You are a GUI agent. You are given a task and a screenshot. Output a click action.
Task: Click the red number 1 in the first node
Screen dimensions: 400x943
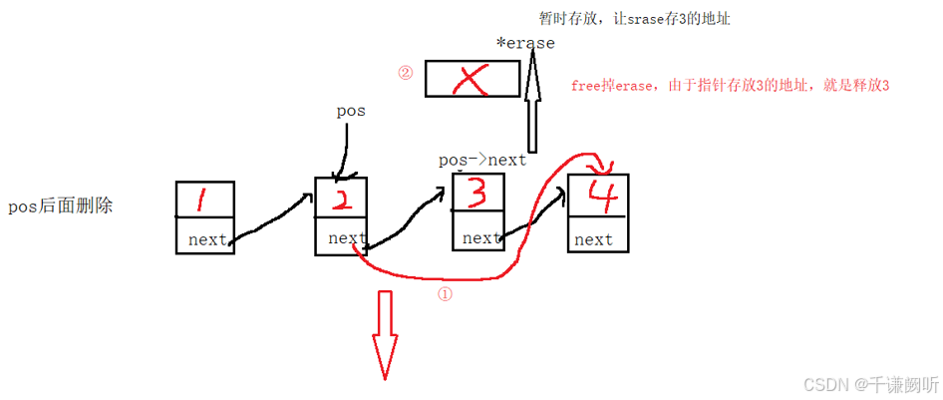pos(202,201)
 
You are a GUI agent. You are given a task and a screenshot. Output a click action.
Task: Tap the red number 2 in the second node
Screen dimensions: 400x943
pos(341,200)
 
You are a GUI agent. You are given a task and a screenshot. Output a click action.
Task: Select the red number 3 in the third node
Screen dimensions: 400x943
pos(477,194)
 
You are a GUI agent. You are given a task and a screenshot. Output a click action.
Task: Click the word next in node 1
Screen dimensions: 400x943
pos(206,239)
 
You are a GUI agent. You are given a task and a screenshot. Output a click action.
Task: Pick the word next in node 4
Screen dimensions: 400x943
pos(594,239)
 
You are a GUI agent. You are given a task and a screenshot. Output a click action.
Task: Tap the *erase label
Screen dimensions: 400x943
pos(525,44)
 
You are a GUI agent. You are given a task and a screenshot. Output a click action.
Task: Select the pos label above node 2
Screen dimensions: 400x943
pos(351,112)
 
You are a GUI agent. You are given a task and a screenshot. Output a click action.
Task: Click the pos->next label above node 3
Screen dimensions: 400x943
pos(482,160)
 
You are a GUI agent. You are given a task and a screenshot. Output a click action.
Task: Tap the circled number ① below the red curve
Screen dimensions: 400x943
pos(445,295)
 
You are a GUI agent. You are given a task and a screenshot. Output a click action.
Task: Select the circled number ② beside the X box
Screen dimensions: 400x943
pos(405,73)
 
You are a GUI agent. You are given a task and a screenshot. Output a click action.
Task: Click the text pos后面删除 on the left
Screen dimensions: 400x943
pos(60,207)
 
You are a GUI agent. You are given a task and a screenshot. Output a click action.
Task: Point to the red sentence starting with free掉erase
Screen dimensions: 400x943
pos(729,86)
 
